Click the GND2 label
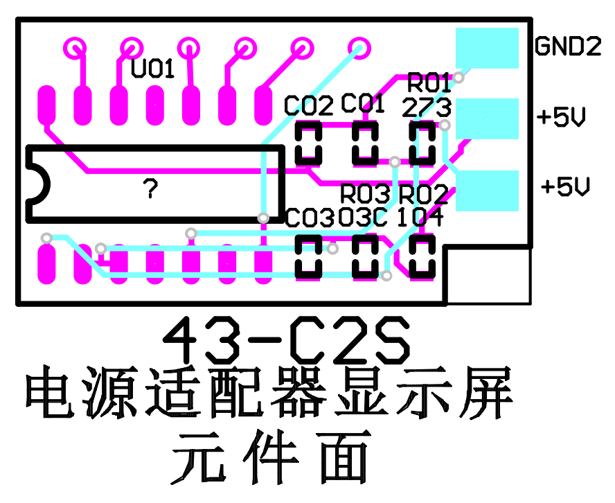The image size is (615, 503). click(568, 46)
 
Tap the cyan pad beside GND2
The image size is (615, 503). click(487, 48)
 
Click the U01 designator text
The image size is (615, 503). click(153, 69)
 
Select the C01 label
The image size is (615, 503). click(364, 105)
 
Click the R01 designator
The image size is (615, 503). click(429, 83)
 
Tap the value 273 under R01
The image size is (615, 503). click(427, 107)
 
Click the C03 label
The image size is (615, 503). click(310, 218)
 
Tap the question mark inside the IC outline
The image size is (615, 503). click(150, 188)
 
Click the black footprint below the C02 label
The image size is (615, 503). click(308, 143)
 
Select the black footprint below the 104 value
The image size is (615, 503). click(421, 256)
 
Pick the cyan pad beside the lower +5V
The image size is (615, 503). click(487, 191)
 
